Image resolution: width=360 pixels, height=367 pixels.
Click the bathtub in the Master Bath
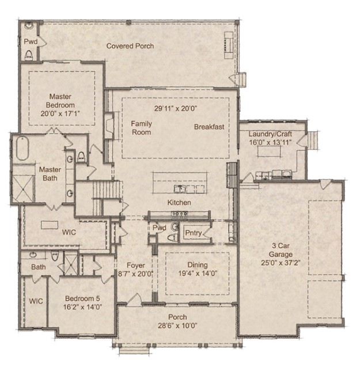(23, 149)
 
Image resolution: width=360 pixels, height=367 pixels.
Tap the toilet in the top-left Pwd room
(29, 54)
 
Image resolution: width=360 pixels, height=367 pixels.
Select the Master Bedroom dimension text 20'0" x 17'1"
(60, 113)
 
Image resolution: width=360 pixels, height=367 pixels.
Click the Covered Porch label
(130, 46)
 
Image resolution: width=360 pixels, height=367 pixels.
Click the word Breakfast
(209, 127)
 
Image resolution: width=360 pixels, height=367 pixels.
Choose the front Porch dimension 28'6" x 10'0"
(177, 326)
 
